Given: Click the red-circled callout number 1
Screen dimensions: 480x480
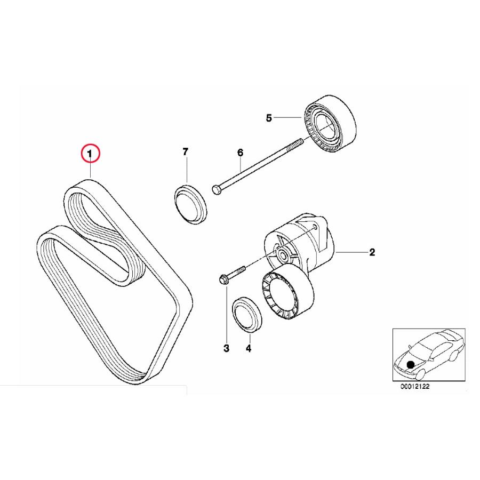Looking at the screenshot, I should click(90, 154).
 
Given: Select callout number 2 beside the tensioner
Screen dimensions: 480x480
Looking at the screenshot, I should click(372, 252).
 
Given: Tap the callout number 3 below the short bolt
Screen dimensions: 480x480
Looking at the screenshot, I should click(226, 348).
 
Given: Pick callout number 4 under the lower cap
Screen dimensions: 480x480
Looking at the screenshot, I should click(248, 348).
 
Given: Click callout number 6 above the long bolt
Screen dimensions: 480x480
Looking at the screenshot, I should click(240, 153).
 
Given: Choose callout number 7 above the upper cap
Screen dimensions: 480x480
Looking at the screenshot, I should click(186, 153).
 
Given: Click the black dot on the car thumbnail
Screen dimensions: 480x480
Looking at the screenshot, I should click(410, 364).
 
